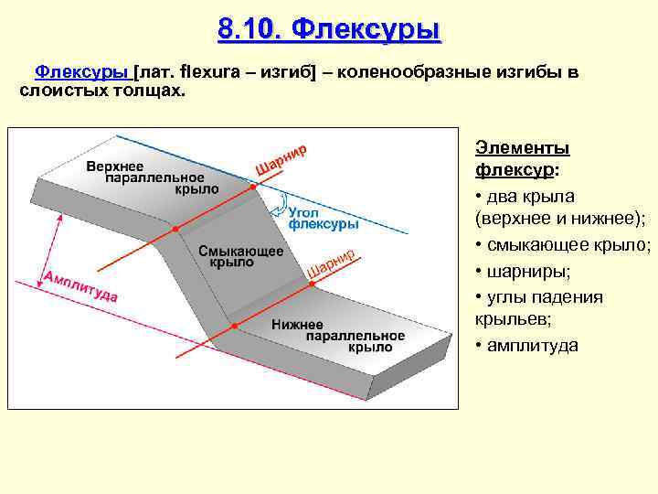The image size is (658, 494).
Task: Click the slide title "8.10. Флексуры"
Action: tap(329, 29)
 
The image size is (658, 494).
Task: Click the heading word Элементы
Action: tap(523, 148)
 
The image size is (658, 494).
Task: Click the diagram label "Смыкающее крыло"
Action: tap(240, 255)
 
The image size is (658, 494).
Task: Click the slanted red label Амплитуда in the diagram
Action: tap(80, 285)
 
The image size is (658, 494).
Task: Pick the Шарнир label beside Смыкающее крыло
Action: tap(331, 263)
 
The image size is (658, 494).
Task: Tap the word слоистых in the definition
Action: tap(56, 91)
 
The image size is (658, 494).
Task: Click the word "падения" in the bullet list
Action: tap(573, 297)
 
